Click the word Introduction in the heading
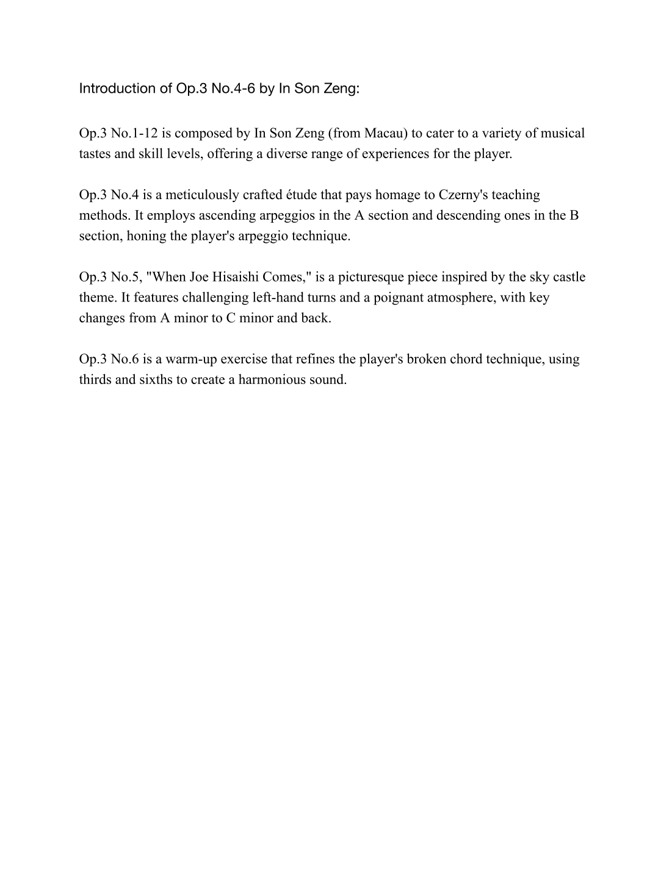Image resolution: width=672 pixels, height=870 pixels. pyautogui.click(x=117, y=89)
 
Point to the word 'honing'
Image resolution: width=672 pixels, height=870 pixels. pyautogui.click(x=146, y=236)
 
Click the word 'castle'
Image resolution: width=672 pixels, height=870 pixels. pyautogui.click(x=569, y=277)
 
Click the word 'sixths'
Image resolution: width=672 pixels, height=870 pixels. pyautogui.click(x=154, y=380)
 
